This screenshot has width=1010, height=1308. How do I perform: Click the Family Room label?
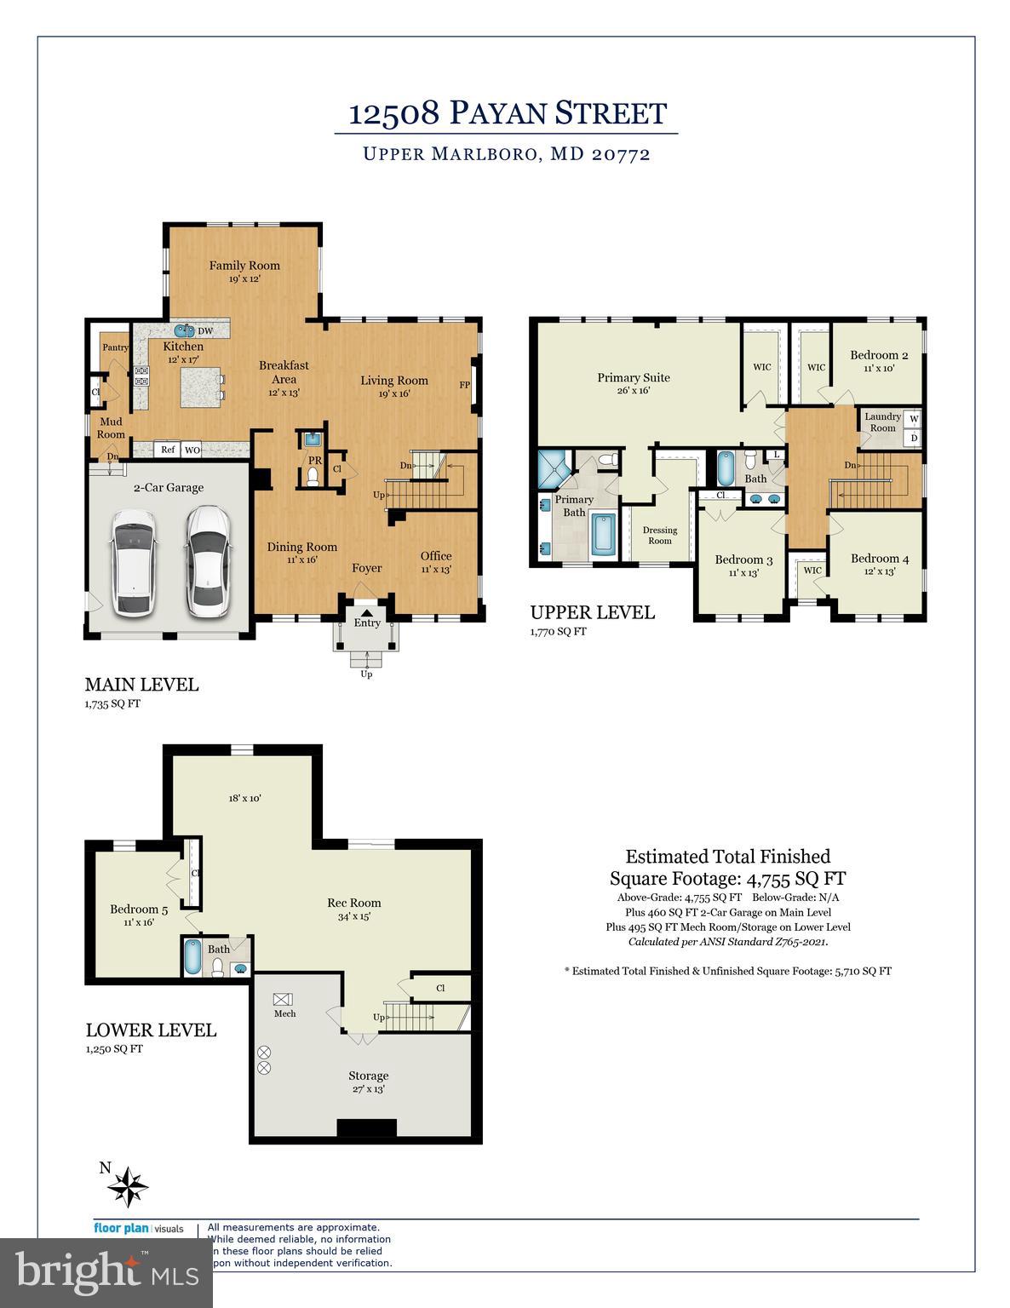[x=244, y=266]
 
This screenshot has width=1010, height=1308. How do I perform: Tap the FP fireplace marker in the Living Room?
[x=465, y=385]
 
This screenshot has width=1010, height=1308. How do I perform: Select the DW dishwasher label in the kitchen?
[x=205, y=331]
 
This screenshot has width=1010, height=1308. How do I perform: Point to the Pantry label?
[x=115, y=347]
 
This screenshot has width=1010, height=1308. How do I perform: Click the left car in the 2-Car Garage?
[x=131, y=563]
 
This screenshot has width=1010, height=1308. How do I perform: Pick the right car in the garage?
[x=206, y=561]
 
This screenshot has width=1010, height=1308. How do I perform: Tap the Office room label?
[x=435, y=557]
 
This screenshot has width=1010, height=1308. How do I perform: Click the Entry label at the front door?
[x=367, y=622]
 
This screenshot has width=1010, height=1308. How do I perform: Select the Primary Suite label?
[x=633, y=378]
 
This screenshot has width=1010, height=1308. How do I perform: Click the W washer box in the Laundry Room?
[x=914, y=419]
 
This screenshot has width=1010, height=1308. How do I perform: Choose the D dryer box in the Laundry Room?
[x=914, y=438]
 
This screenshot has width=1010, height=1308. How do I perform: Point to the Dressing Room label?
[x=660, y=535]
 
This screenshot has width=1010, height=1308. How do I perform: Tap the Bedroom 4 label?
[x=880, y=559]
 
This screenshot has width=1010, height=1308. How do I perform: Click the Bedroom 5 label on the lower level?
[x=139, y=909]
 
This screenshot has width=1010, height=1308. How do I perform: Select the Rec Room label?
[x=354, y=903]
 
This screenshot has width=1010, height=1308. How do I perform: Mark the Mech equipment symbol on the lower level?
[x=282, y=999]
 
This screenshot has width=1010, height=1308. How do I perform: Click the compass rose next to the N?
[x=131, y=1185]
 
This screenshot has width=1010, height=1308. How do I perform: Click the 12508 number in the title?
[x=393, y=113]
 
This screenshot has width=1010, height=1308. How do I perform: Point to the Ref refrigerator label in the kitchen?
[x=168, y=450]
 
